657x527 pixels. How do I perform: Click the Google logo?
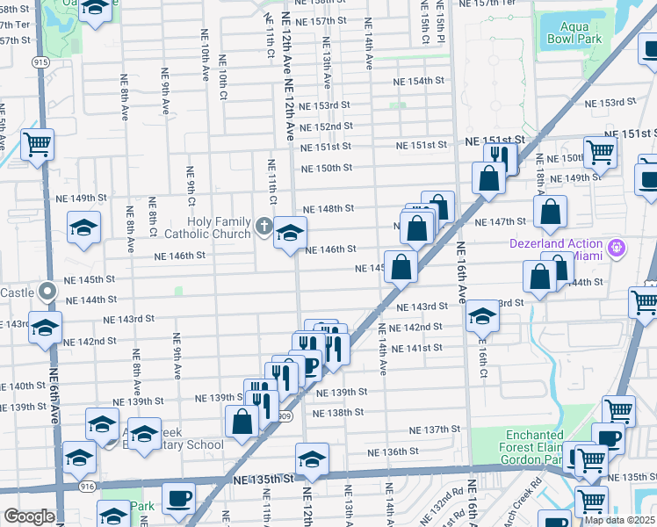[x=28, y=516]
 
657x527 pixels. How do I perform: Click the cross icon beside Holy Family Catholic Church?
[x=263, y=227]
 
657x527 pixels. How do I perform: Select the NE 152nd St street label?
[x=325, y=126]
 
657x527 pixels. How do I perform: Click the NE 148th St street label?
[x=328, y=209]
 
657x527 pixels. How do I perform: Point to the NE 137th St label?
[x=436, y=430]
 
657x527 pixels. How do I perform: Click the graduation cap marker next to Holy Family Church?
[x=290, y=232]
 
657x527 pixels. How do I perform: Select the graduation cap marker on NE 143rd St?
[x=482, y=316]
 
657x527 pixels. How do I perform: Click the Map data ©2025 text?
[x=619, y=520]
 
